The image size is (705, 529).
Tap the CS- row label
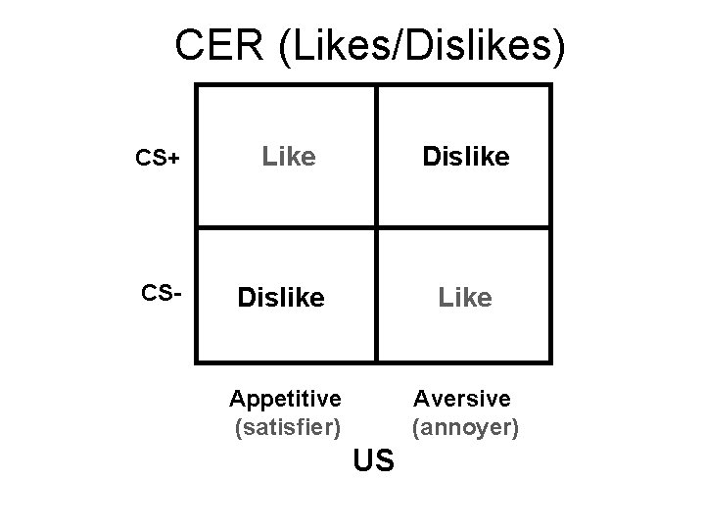tap(154, 293)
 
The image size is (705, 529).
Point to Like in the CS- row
tap(465, 297)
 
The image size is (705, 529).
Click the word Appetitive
tap(285, 398)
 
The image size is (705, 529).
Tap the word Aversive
tap(462, 398)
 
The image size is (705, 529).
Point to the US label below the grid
tap(373, 458)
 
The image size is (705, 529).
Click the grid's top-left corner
tap(197, 85)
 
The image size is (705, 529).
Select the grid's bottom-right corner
tap(550, 361)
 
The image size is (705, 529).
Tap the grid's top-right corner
tap(550, 85)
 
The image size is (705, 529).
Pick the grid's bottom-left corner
tap(197, 361)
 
